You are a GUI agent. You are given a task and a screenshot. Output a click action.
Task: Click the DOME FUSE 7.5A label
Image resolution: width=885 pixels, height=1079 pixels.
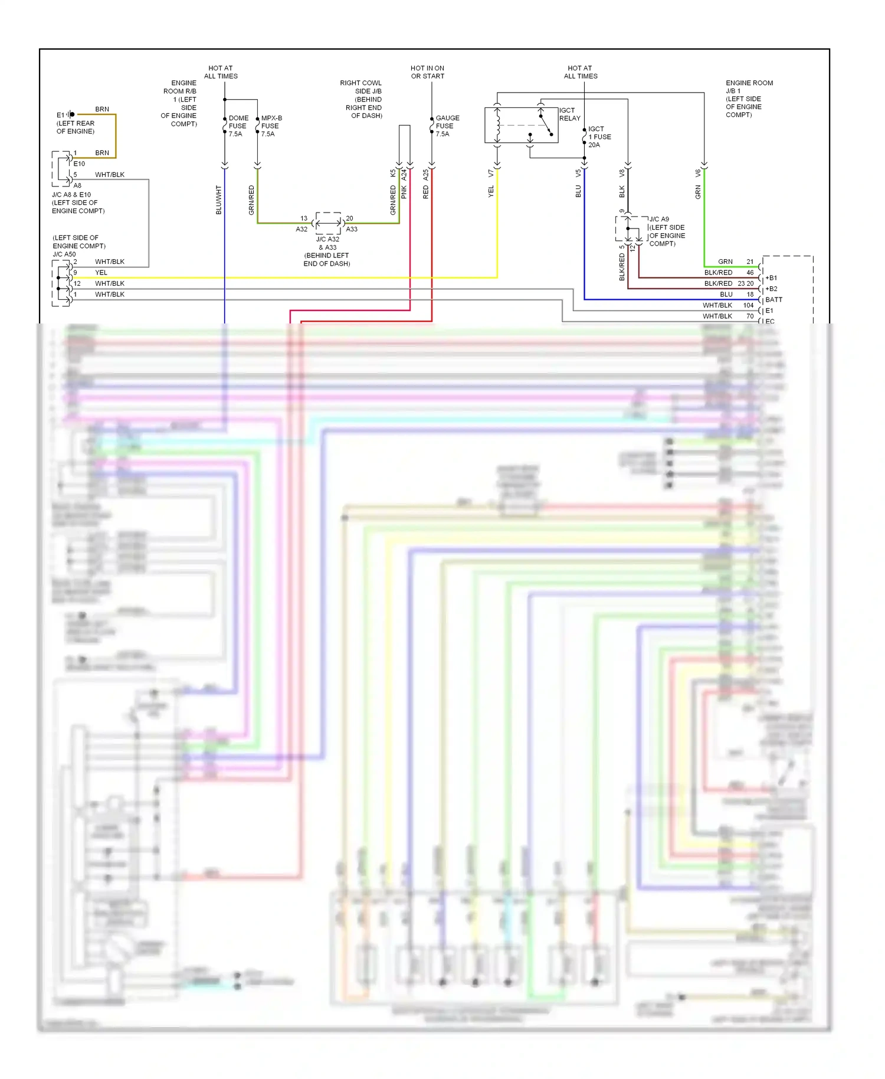pos(238,126)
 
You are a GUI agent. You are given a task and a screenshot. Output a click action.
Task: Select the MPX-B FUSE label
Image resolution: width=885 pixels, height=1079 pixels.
pos(271,126)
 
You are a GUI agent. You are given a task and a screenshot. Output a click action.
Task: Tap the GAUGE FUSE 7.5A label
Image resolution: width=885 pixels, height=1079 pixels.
pos(447,126)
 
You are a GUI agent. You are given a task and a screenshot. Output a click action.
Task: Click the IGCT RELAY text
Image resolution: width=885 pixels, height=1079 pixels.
pos(569,114)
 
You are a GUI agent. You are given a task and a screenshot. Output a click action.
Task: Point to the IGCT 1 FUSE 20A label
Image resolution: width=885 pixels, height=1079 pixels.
pos(599,136)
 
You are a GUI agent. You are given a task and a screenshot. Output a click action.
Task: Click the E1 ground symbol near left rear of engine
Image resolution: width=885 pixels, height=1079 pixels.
pos(70,115)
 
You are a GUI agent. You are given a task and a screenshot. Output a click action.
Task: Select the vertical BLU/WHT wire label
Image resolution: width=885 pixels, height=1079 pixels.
pos(219,200)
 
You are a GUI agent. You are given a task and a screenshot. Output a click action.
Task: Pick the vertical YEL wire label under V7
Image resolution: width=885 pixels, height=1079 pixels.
pos(491,191)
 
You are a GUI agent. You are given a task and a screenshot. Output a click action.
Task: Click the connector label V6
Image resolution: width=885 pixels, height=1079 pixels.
pos(698,173)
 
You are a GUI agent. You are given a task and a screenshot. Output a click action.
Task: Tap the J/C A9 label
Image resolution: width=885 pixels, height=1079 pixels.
pos(660,219)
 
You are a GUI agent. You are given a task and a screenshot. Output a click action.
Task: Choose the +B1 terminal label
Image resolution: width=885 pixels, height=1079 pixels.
pos(772,278)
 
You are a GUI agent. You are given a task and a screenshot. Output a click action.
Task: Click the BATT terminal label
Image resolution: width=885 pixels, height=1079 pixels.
pos(773,300)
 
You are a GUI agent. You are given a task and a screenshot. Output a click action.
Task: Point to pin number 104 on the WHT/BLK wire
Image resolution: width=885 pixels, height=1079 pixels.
pos(748,305)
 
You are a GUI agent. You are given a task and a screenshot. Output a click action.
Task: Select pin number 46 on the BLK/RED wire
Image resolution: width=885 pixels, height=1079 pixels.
pos(750,273)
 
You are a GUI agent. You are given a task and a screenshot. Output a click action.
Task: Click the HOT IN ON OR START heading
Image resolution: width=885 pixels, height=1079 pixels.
pos(427,72)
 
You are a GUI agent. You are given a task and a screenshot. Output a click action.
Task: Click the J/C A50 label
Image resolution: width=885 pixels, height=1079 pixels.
pos(64,254)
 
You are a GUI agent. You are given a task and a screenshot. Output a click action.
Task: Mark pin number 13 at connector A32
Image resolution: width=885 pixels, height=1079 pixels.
pos(304,218)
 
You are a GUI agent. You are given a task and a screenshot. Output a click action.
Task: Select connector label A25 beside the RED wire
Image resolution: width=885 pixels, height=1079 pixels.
pos(425,175)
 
